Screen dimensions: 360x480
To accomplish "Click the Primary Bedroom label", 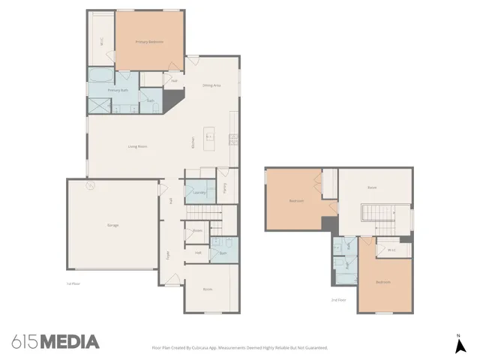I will point(148,42).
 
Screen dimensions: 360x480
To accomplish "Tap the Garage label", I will point(112,225).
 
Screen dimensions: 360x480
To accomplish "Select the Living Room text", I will point(136,146).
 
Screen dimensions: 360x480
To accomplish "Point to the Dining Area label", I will point(211,85).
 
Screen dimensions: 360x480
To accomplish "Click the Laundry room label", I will point(199,193).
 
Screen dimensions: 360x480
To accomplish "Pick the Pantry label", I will point(225,189).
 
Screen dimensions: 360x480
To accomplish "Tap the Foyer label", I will point(167,253).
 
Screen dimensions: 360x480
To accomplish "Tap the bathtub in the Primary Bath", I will point(99,75).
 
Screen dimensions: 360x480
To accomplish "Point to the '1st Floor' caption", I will point(73,283).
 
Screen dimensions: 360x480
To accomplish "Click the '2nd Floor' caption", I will point(339,300).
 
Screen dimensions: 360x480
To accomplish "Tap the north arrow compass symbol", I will point(459,344).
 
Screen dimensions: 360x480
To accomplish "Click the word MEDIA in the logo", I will point(69,342).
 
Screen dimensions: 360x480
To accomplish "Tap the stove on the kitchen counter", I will point(233,138).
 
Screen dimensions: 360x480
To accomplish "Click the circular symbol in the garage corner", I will point(90,184).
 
